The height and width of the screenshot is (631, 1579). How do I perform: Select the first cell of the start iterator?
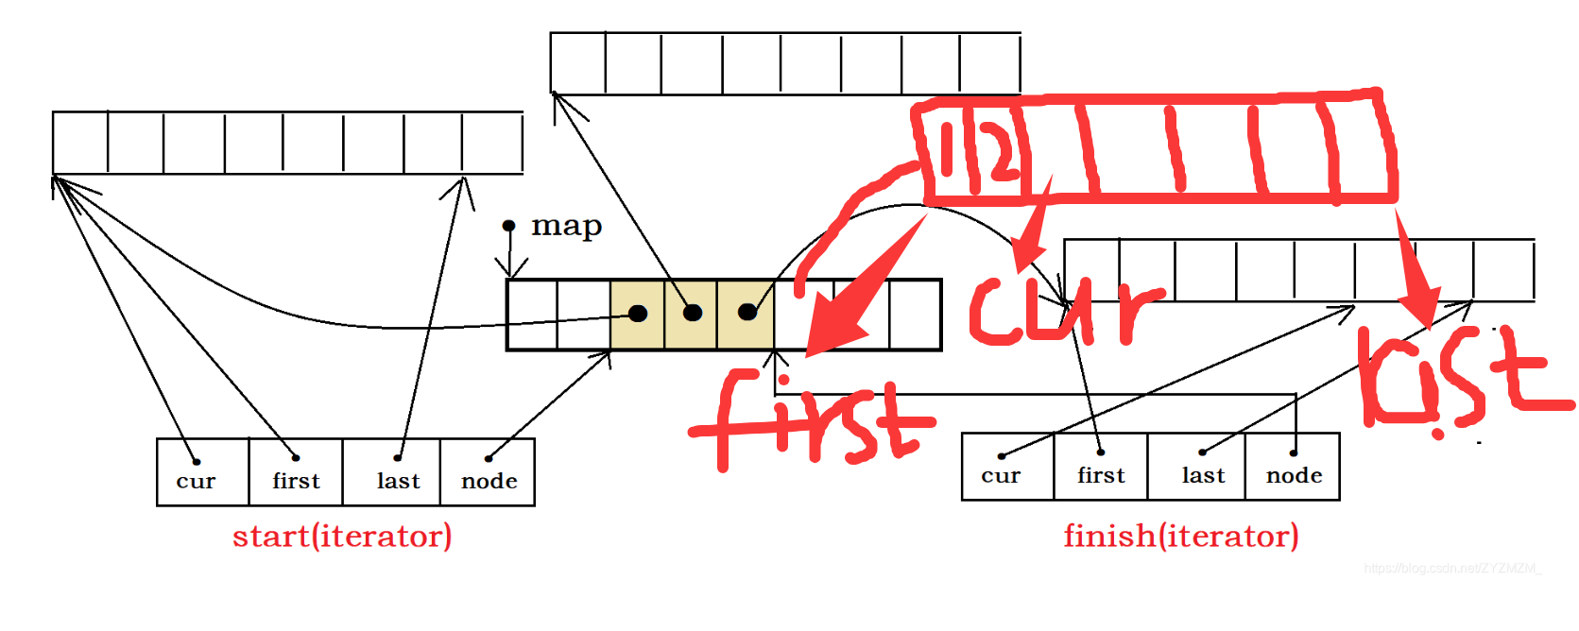click(296, 472)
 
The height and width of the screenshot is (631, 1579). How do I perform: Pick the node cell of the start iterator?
click(488, 472)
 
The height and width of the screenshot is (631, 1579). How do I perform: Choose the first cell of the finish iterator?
click(1101, 467)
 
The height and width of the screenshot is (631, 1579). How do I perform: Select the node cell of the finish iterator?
click(1293, 467)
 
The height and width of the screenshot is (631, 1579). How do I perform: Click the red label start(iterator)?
click(342, 537)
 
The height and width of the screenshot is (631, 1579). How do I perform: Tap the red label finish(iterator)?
click(1181, 537)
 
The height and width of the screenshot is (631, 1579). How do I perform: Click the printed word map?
click(566, 227)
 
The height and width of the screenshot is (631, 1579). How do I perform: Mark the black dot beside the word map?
click(508, 226)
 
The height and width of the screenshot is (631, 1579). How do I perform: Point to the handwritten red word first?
click(813, 420)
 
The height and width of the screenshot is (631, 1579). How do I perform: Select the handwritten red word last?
click(1460, 378)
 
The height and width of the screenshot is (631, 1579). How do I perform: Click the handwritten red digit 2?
click(998, 151)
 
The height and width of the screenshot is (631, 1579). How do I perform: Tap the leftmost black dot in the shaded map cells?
click(638, 314)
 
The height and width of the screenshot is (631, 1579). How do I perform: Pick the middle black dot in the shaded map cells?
click(693, 313)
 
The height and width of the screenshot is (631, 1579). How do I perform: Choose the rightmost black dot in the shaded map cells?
click(747, 312)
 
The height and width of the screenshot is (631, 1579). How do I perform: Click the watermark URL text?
click(1451, 569)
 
